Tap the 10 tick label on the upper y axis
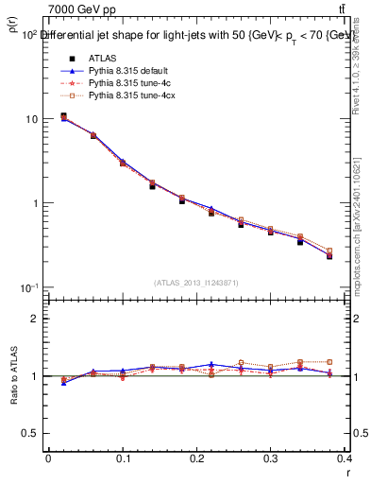(x=33, y=119)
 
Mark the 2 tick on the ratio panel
(x=36, y=319)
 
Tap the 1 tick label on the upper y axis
(x=36, y=203)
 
